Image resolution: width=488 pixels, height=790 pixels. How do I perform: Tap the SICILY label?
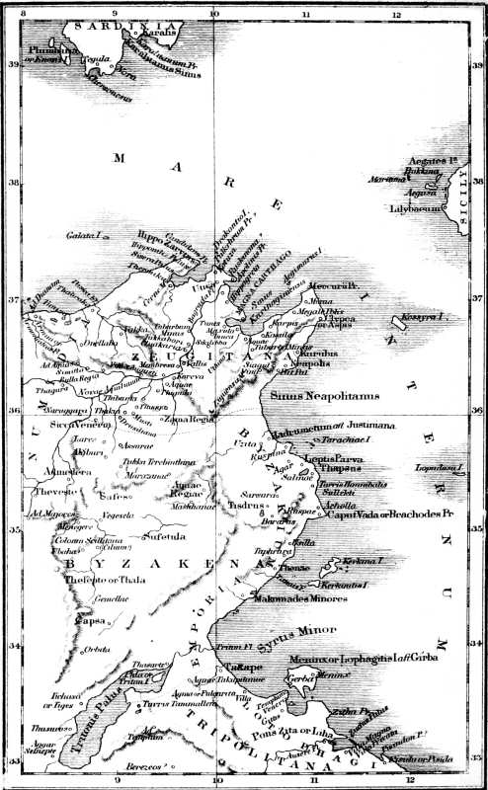coord(465,204)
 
